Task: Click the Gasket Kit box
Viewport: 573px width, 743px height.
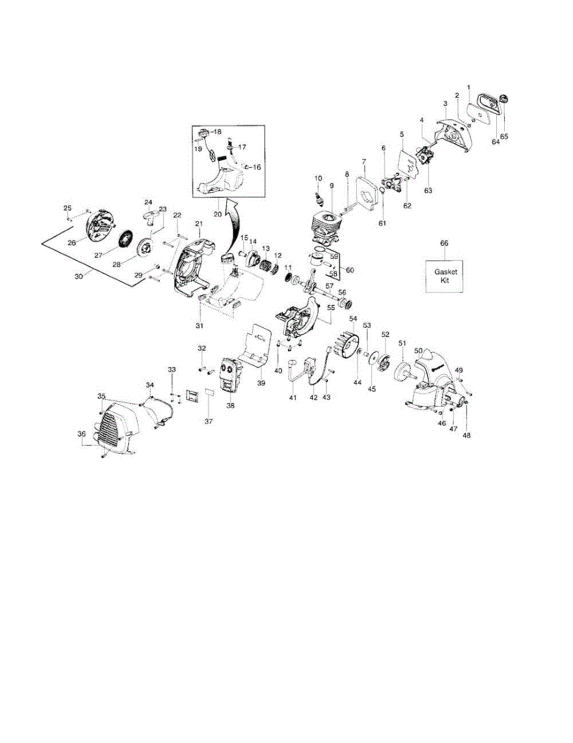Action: coord(444,276)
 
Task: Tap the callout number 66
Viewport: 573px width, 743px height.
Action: coord(444,244)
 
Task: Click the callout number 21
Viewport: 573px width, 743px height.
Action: coord(199,224)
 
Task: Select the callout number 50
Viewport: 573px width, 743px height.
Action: coord(419,350)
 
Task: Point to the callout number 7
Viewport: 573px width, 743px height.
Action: coord(363,161)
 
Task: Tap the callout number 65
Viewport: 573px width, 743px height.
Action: coord(504,136)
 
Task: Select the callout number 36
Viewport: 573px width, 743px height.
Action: coord(81,434)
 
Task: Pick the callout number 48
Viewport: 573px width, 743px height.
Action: coord(466,435)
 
